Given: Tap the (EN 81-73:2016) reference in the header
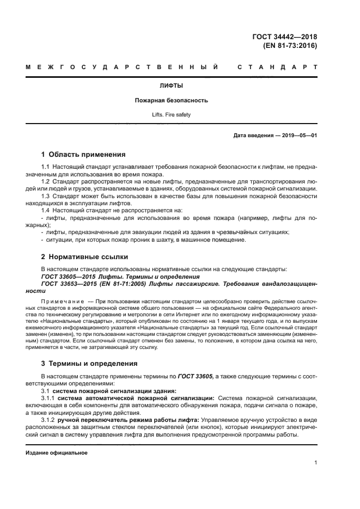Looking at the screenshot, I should tap(290, 46).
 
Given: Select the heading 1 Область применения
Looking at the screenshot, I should tap(83, 154).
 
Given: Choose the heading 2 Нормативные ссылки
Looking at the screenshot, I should tap(85, 256).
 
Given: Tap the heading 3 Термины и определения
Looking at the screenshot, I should tap(89, 363).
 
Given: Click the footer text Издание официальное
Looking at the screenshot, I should tap(57, 452).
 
